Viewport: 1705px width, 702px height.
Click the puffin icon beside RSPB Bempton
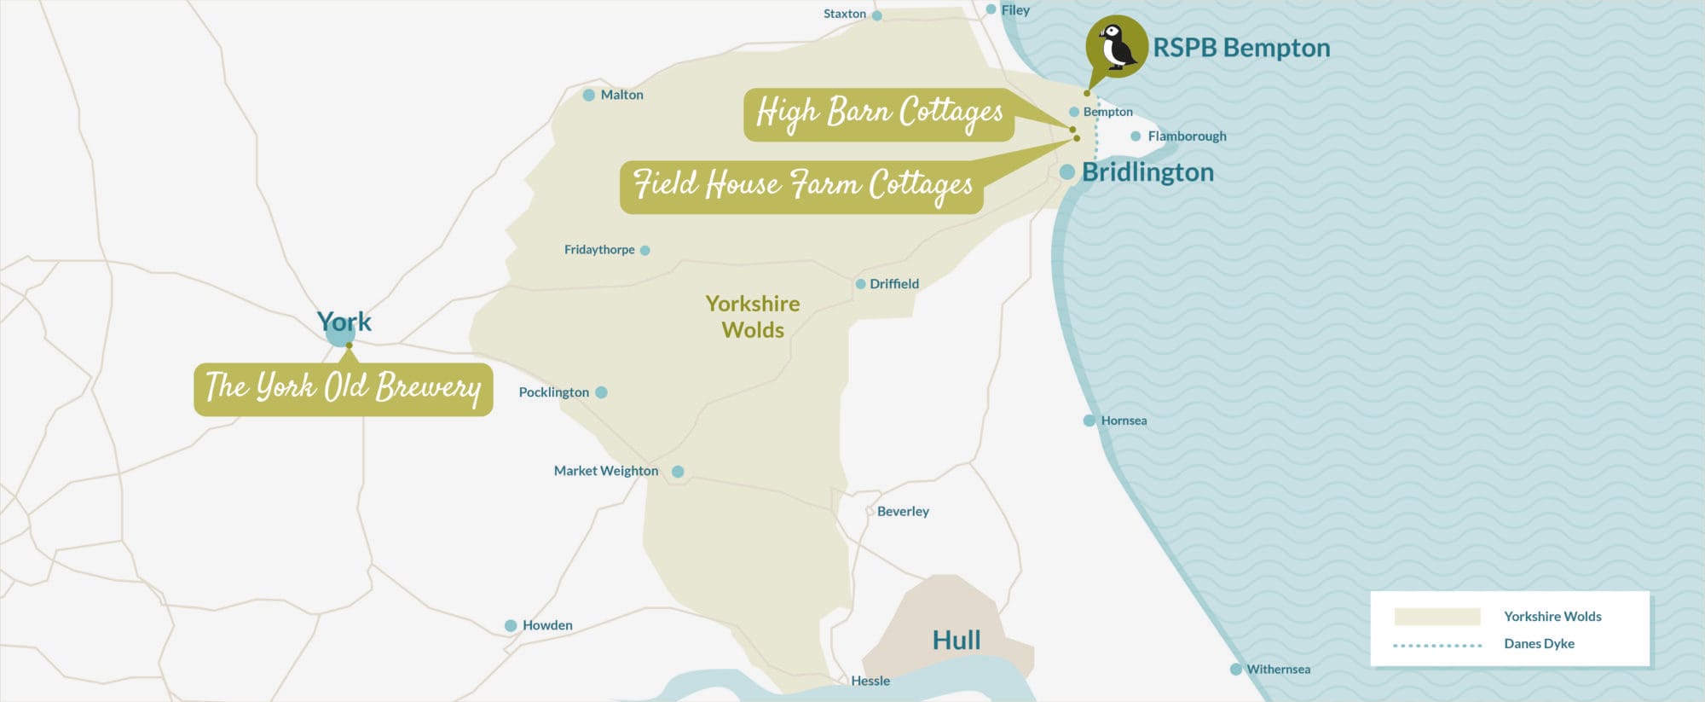(x=1116, y=46)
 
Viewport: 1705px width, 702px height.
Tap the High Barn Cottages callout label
(x=879, y=114)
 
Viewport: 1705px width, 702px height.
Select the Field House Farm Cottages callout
(x=801, y=186)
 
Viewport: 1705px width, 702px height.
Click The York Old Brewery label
(x=343, y=389)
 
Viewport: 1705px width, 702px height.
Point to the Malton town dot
(x=588, y=95)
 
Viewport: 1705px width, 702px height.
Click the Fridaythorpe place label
(x=599, y=250)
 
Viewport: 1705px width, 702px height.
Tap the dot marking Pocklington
(x=601, y=392)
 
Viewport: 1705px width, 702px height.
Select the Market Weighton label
(x=605, y=471)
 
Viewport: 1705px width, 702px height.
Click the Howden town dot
(x=511, y=625)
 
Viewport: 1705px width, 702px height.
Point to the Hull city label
(x=956, y=640)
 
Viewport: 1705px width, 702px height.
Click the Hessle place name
(x=870, y=681)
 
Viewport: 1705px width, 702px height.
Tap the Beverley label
(x=903, y=511)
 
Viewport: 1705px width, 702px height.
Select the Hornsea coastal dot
(x=1089, y=421)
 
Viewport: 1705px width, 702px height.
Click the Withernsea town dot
(x=1235, y=670)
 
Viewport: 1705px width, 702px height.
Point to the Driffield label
(x=893, y=284)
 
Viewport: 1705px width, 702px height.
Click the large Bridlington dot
(x=1066, y=172)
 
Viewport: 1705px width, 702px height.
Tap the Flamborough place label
(x=1187, y=136)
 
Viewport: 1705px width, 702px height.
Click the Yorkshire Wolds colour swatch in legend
(x=1436, y=617)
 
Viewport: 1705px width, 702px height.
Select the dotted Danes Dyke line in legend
(x=1436, y=645)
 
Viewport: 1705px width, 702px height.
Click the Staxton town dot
(x=876, y=15)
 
